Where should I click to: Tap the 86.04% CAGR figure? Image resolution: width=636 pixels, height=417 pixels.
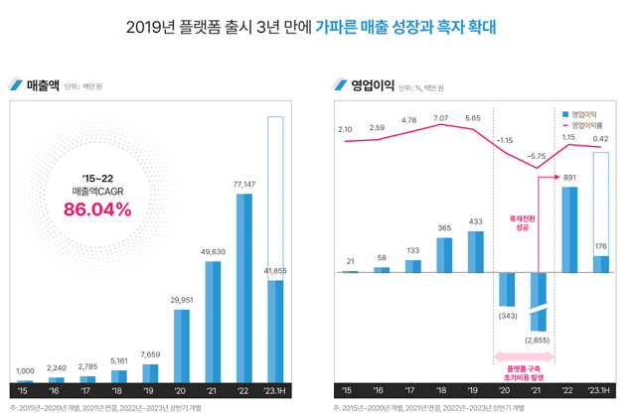pyautogui.click(x=97, y=209)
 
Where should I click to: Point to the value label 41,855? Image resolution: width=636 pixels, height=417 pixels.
pyautogui.click(x=275, y=270)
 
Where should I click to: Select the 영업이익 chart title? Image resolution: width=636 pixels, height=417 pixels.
pyautogui.click(x=372, y=84)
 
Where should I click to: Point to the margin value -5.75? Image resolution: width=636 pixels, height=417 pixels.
pyautogui.click(x=538, y=157)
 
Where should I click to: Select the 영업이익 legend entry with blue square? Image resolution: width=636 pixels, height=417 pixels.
pyautogui.click(x=586, y=113)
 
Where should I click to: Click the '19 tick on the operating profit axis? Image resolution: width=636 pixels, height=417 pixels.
pyautogui.click(x=474, y=390)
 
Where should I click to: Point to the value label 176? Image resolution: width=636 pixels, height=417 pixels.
pyautogui.click(x=600, y=246)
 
